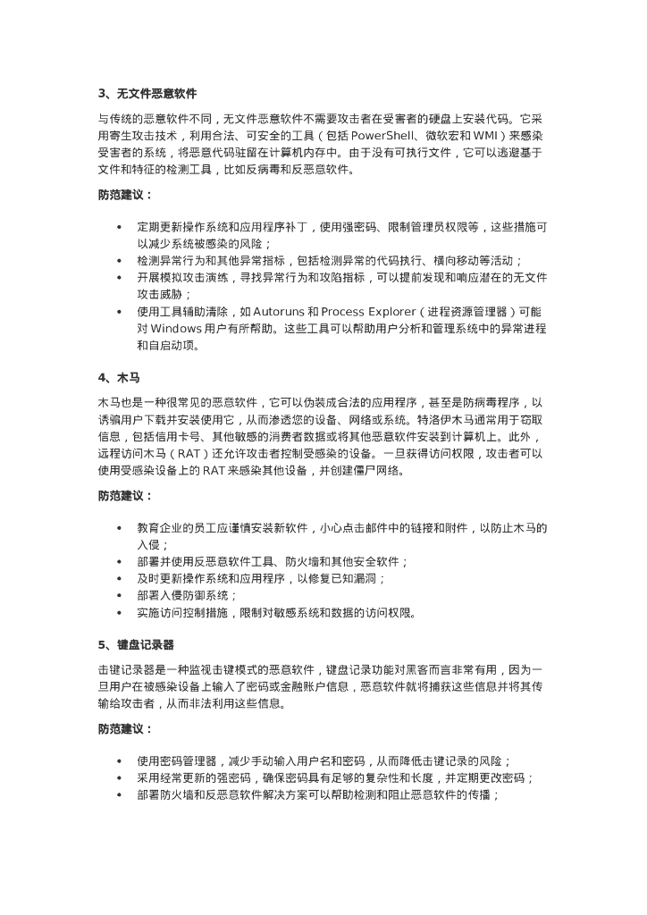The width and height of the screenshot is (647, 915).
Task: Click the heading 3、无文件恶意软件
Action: point(147,93)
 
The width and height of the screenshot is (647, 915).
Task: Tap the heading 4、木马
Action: point(119,378)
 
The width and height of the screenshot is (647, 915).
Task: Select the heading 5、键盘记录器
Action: point(136,644)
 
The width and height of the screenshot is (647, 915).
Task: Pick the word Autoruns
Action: point(281,311)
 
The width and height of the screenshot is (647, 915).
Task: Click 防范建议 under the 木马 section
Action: point(124,495)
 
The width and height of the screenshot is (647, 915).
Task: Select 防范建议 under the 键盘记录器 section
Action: point(124,729)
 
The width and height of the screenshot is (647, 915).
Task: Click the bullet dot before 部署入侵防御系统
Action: point(119,595)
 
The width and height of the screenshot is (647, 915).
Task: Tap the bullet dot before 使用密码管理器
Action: point(119,761)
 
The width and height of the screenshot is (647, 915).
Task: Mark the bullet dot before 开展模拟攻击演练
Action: point(119,278)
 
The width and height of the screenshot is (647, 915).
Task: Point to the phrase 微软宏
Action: point(441,135)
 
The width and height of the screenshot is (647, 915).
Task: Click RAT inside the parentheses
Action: point(191,454)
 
